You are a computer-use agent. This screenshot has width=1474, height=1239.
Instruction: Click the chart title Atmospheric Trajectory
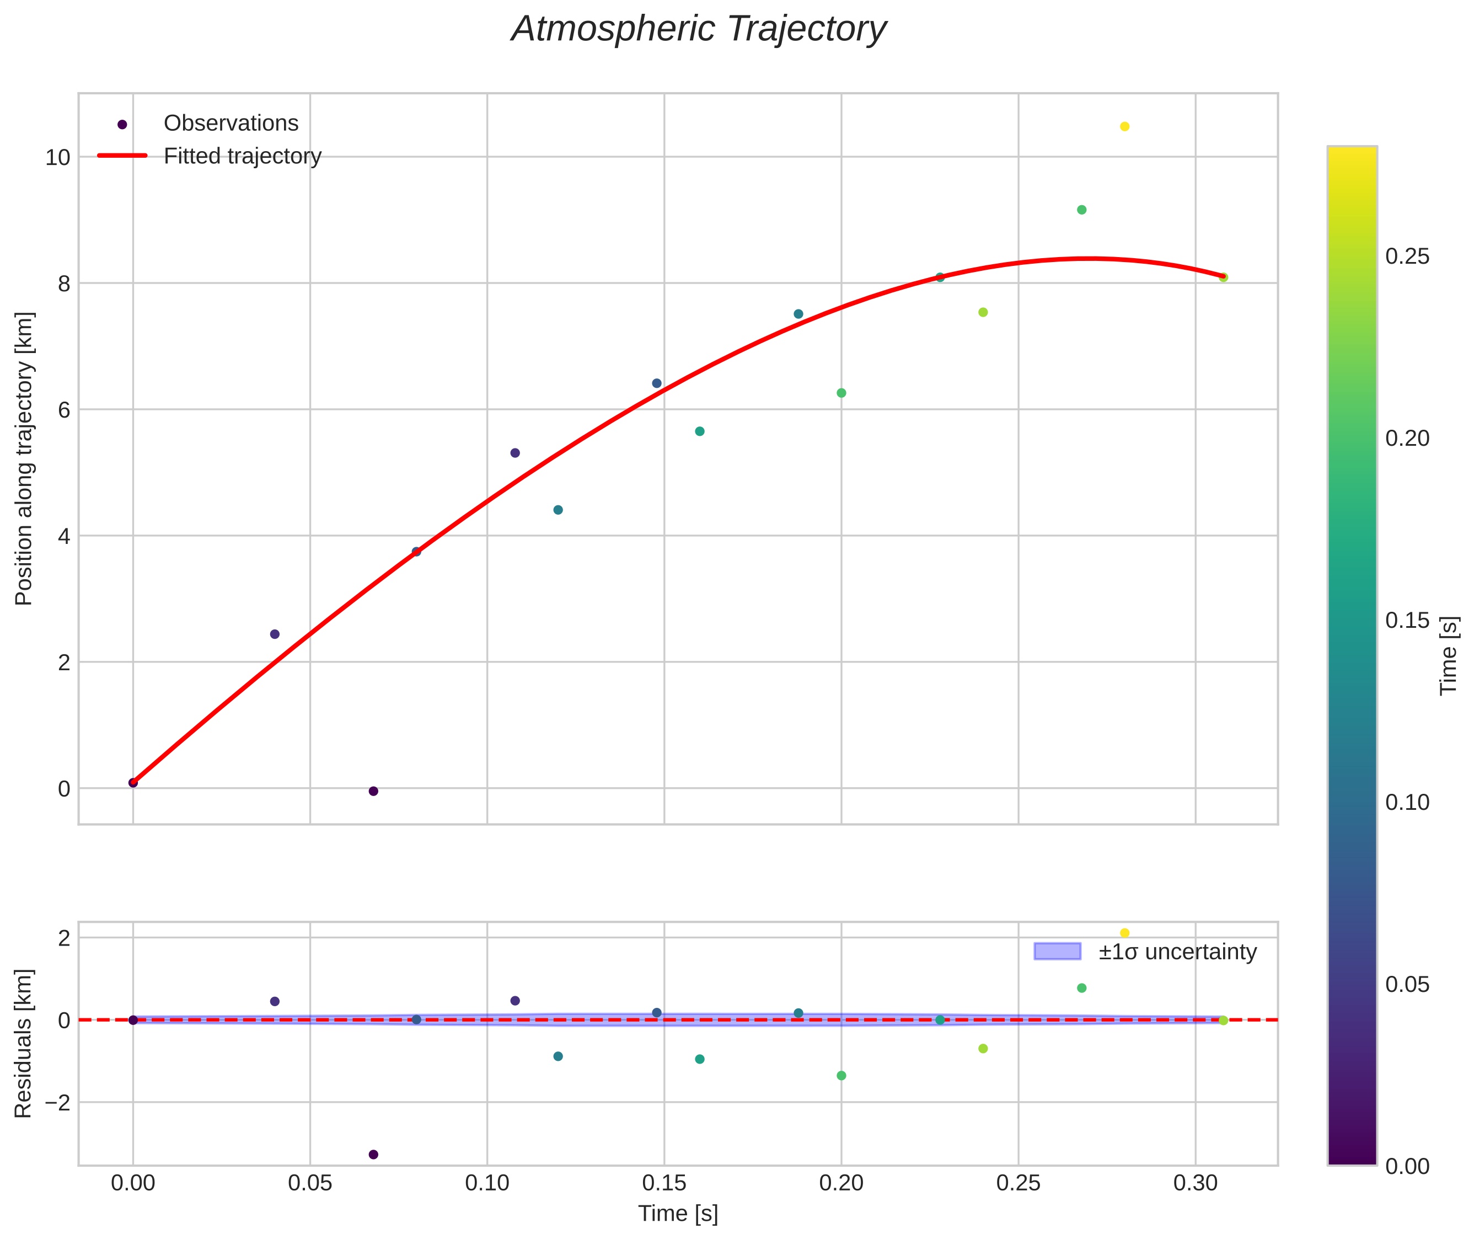(699, 29)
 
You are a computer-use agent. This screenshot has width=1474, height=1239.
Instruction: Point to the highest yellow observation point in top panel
(1124, 126)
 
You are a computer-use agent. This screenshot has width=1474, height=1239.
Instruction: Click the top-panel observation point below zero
(373, 792)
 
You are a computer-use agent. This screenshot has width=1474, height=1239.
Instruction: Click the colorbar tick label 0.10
(1407, 803)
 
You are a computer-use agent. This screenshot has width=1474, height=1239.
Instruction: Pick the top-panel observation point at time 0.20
(841, 393)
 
